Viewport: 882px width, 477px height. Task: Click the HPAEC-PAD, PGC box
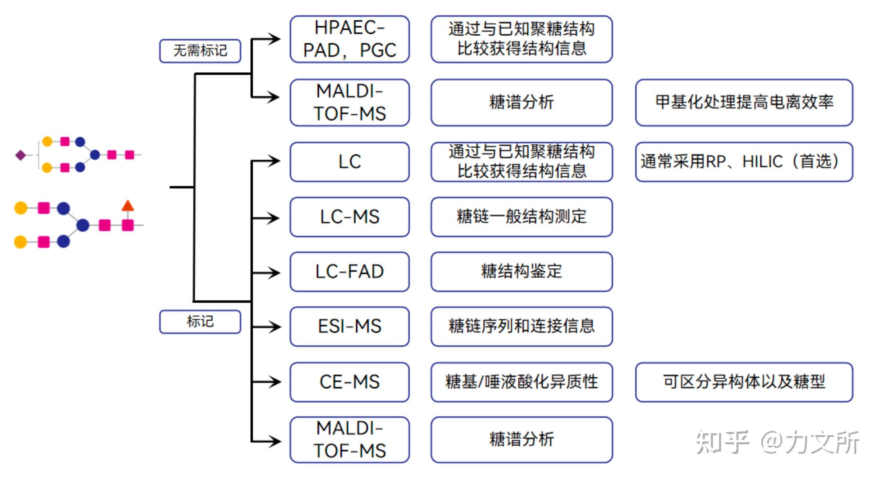click(x=350, y=39)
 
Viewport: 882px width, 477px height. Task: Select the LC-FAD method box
click(x=350, y=272)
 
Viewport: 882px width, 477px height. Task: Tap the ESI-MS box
click(x=350, y=326)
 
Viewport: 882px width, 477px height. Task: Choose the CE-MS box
click(x=350, y=382)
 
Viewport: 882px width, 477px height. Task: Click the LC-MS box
click(x=350, y=217)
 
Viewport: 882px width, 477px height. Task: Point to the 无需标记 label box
click(x=200, y=51)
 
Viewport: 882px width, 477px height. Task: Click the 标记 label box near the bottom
click(x=200, y=321)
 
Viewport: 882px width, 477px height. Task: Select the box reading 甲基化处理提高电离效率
click(x=744, y=102)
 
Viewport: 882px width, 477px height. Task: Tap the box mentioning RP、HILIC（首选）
click(x=744, y=162)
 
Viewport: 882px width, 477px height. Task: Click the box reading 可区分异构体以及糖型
click(x=744, y=382)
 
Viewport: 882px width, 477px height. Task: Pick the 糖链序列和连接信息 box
click(x=521, y=326)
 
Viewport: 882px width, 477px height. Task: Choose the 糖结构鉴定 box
click(x=521, y=272)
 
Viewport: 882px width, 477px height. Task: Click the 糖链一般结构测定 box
click(x=521, y=217)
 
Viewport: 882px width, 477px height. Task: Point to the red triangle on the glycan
click(x=128, y=206)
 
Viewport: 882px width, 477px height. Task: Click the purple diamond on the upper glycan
click(x=20, y=155)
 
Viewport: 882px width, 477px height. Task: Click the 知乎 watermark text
click(x=722, y=442)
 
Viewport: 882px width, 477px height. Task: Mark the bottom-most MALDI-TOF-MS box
click(x=350, y=439)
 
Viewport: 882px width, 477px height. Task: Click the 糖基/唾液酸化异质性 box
click(x=521, y=382)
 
